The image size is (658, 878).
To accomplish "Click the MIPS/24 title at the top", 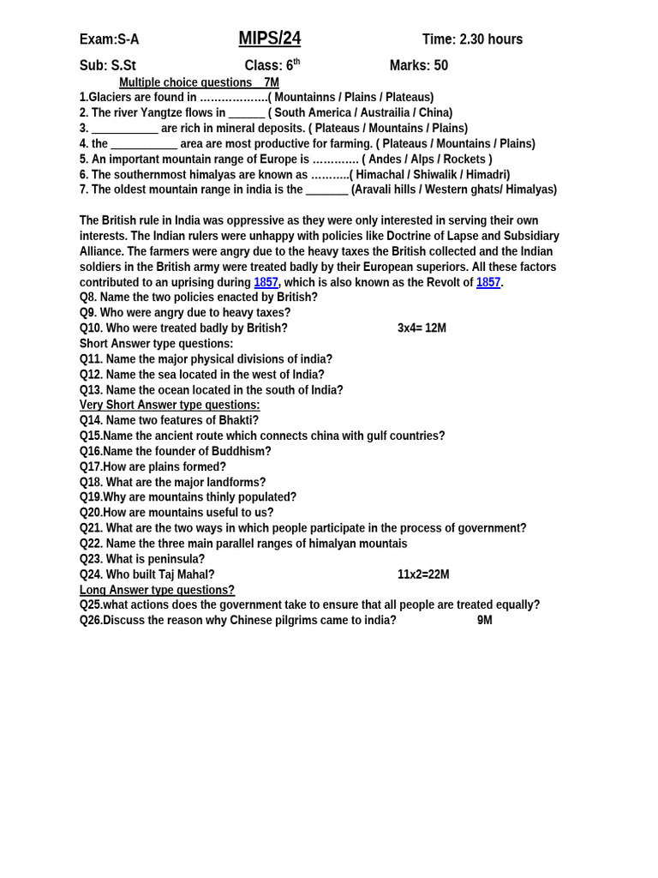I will (x=269, y=39).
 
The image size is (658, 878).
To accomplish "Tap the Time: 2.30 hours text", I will (x=472, y=39).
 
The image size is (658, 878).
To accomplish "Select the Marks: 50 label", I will (x=418, y=66).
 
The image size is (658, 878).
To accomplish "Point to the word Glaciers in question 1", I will (x=112, y=98).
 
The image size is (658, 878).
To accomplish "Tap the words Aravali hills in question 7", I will (x=384, y=189).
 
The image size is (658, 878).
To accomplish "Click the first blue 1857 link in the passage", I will (x=266, y=282).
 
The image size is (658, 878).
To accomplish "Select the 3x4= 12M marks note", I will (x=422, y=328).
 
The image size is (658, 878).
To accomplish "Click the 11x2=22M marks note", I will (x=423, y=574).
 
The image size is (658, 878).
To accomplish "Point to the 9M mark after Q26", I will (x=484, y=620).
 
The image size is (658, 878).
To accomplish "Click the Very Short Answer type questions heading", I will (x=170, y=405).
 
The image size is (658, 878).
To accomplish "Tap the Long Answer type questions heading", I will (x=157, y=590).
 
